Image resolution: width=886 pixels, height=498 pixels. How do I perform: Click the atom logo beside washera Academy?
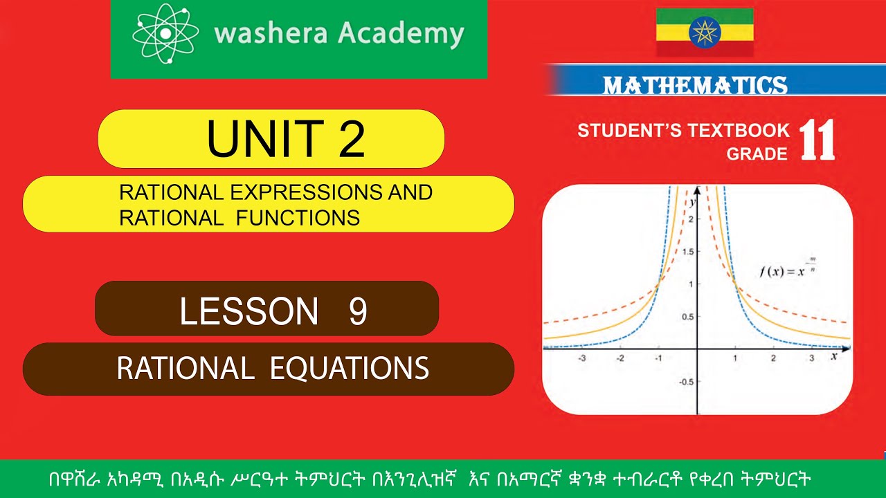tap(165, 33)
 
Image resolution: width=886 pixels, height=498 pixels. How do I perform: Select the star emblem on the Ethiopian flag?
tap(705, 32)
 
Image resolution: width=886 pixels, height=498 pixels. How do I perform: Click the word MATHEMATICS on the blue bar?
tap(695, 85)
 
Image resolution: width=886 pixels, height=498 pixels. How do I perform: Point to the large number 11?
tap(817, 140)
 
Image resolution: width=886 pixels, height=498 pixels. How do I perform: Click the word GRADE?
tap(757, 153)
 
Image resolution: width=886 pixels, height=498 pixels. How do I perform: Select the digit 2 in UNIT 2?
tap(351, 138)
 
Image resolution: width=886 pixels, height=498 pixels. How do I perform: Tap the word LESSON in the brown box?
tap(249, 312)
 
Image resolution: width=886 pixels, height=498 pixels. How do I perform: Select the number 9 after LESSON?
tap(357, 312)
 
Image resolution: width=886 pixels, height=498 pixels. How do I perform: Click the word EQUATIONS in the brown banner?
tap(350, 368)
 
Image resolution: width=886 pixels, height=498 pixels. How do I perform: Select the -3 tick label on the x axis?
tap(581, 359)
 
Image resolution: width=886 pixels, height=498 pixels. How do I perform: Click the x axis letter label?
tap(833, 356)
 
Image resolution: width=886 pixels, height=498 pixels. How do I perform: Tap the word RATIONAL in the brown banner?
tap(185, 368)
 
